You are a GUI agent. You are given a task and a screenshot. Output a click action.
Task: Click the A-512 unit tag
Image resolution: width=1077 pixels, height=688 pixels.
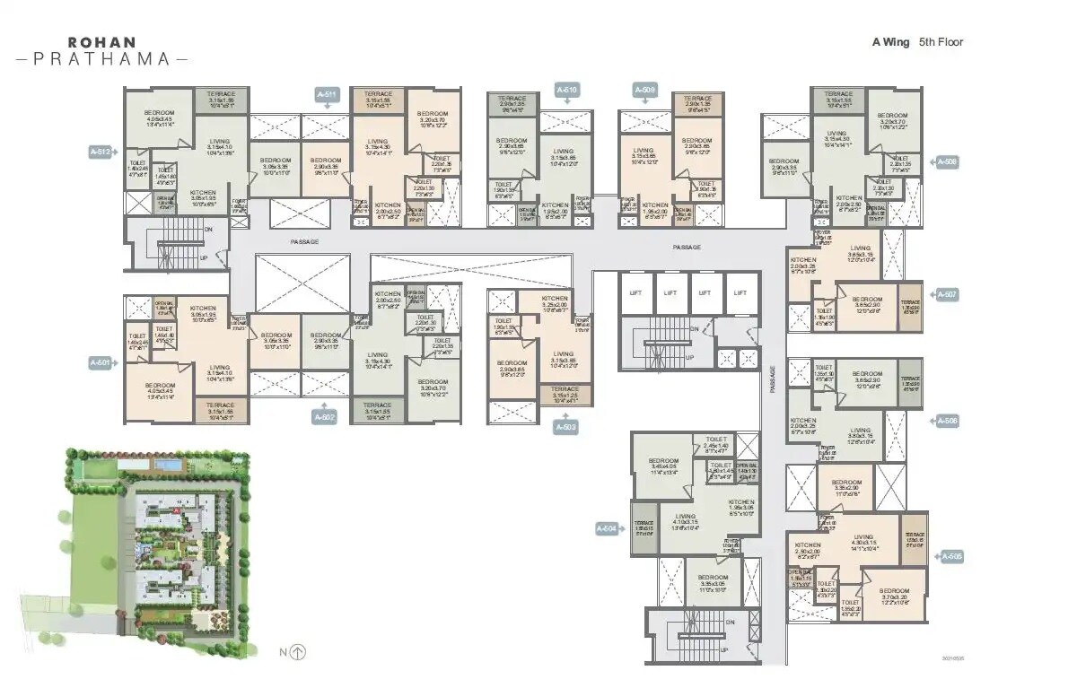point(100,152)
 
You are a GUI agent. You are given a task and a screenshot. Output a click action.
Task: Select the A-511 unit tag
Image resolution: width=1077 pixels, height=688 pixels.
point(327,94)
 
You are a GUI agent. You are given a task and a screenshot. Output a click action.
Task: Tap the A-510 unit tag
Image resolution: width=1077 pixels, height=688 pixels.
point(566,90)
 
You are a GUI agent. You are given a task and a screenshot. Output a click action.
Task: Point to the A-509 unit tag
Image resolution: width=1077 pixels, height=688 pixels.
point(644,90)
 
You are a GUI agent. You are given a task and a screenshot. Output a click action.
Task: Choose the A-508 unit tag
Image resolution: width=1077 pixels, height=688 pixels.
point(947,162)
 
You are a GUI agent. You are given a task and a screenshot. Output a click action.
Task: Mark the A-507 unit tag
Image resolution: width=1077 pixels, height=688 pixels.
point(947,294)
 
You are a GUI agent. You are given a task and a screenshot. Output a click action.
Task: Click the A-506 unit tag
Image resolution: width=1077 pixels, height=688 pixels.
point(947,420)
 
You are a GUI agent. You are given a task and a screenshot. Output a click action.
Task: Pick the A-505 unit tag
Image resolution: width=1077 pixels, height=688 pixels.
point(951,557)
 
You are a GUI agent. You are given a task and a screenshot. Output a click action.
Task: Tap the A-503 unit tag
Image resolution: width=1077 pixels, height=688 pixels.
point(566,428)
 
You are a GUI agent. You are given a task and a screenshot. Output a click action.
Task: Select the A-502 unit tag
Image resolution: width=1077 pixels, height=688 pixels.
point(325,417)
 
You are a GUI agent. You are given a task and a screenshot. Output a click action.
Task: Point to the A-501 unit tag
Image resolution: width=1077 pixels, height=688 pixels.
point(100,362)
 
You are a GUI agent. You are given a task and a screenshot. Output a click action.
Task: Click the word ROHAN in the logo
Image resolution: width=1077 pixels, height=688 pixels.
point(101,41)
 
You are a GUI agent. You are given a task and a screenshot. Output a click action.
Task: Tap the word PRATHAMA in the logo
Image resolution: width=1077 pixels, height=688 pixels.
point(101,59)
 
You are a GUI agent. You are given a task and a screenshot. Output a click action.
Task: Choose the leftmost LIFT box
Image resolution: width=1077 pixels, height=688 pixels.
point(635,293)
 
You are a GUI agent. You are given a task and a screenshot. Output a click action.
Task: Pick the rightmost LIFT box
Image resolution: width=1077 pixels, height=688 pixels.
point(740,293)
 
